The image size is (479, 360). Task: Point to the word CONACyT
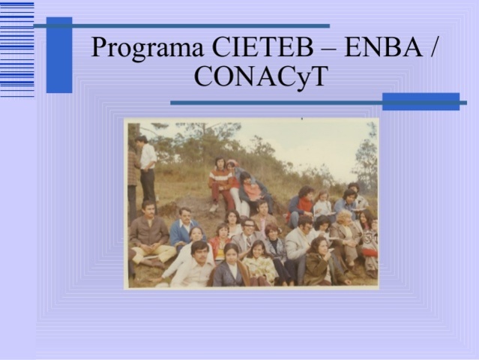(260, 76)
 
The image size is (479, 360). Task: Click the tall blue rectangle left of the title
(58, 55)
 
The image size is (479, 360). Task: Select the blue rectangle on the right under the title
(421, 101)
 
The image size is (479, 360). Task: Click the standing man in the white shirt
(148, 169)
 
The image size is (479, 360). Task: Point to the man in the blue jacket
(182, 229)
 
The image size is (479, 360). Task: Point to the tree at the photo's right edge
(367, 157)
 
